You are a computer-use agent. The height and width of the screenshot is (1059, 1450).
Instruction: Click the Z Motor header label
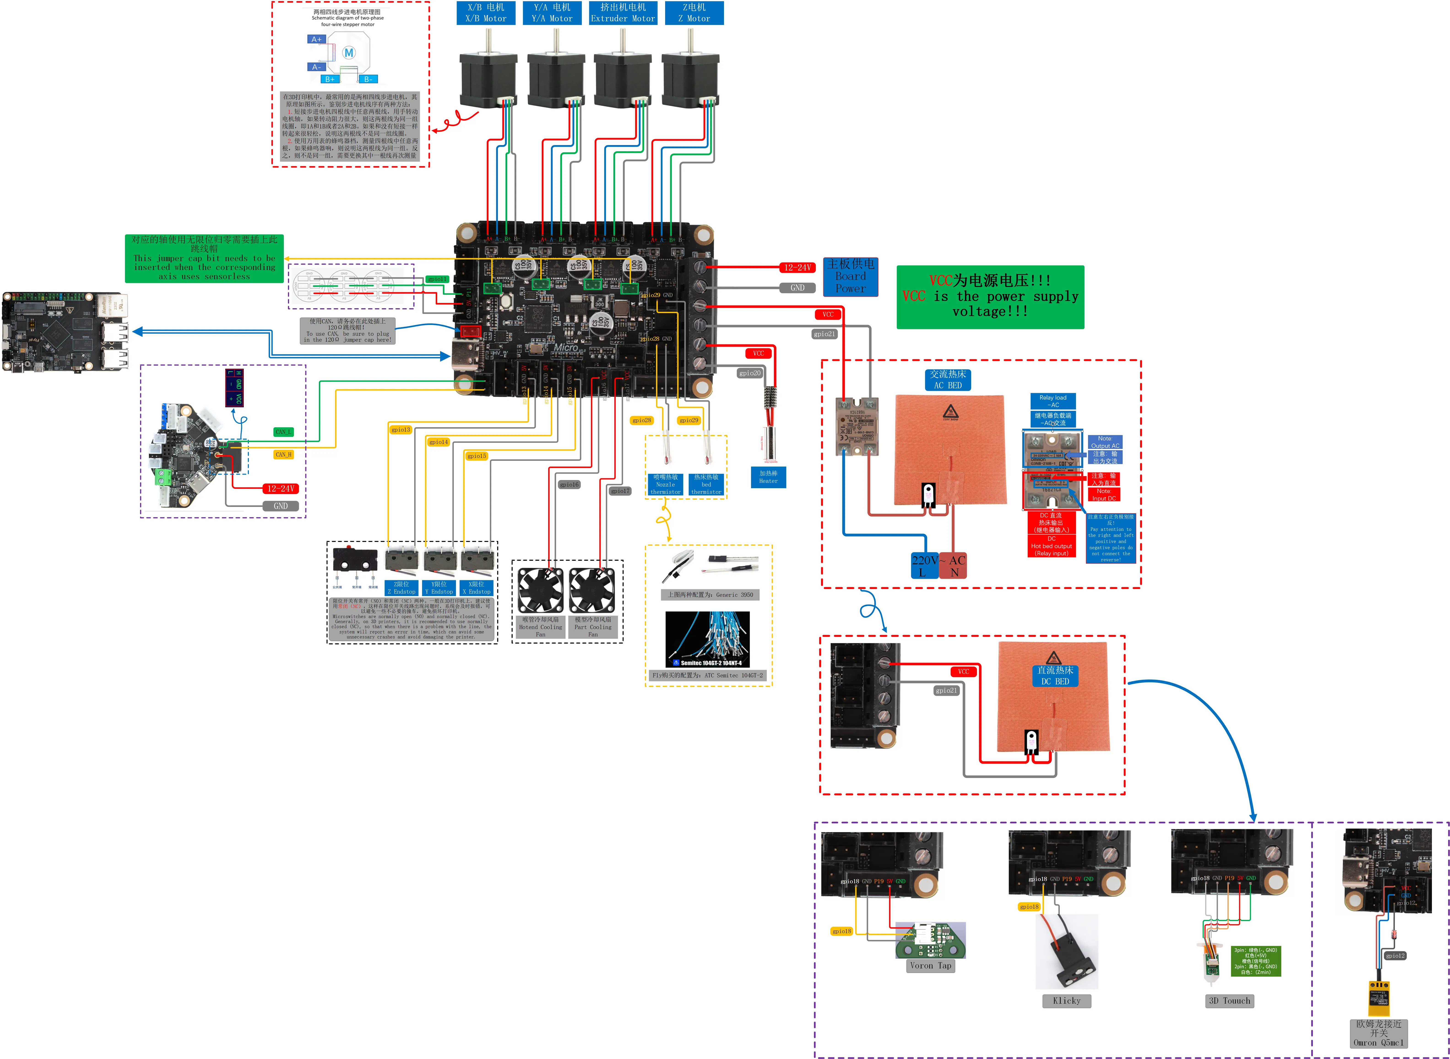tap(694, 13)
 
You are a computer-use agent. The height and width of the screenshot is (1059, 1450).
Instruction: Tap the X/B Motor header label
tap(486, 13)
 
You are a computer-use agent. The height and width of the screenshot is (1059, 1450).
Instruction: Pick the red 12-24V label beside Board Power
tap(797, 267)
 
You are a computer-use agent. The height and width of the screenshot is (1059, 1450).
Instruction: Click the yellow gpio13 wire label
tap(401, 430)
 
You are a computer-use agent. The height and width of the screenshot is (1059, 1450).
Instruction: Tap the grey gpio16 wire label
tap(569, 485)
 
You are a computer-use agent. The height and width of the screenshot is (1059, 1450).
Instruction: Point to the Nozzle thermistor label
tap(665, 485)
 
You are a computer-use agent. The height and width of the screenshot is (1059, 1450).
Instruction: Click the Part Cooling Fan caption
tap(593, 627)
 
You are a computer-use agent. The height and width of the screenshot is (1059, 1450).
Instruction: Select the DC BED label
tap(1054, 676)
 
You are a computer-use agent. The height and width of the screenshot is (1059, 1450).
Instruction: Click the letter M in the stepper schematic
tap(349, 53)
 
